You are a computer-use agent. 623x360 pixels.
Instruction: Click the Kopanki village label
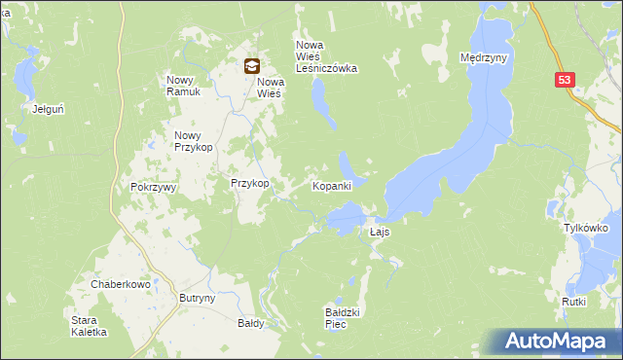331,185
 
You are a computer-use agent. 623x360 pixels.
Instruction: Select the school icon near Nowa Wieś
251,66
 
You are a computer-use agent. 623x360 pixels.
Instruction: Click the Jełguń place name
48,109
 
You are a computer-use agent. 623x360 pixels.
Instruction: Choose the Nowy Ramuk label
183,86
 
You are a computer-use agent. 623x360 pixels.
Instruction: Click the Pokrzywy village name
151,187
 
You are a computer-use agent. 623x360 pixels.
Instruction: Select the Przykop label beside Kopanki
248,183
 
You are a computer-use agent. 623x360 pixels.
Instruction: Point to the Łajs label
380,233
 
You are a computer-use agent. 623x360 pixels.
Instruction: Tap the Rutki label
573,302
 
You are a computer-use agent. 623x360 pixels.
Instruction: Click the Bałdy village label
250,323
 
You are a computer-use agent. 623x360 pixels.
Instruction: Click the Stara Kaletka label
89,326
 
